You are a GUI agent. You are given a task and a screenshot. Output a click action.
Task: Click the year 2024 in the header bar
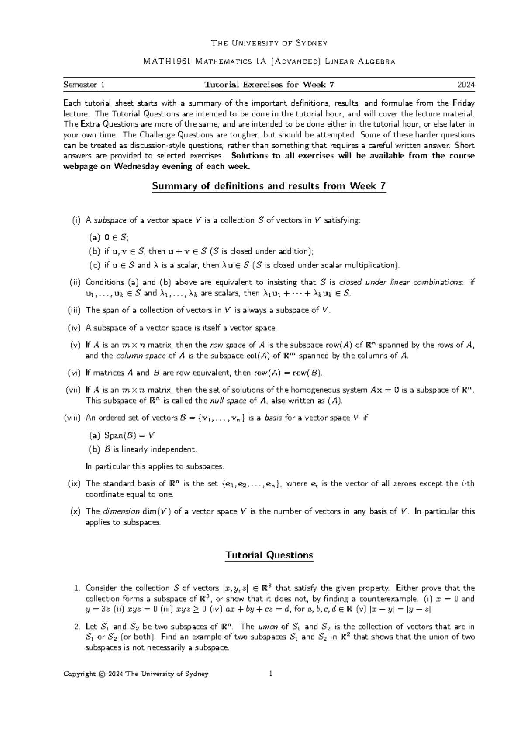[466, 85]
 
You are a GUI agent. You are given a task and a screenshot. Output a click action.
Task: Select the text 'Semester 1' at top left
[84, 85]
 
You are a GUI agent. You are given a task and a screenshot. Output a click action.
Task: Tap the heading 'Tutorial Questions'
[269, 555]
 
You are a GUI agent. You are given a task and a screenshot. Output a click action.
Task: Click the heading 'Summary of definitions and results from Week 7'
[269, 186]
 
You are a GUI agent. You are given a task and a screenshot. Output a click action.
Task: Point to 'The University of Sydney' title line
[269, 43]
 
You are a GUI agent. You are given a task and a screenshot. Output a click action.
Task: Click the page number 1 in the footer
[271, 674]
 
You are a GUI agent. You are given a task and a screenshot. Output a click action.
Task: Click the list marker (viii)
[72, 418]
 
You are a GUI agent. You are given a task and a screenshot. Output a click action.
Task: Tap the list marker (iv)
[74, 328]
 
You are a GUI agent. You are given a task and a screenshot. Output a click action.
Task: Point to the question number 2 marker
[77, 627]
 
